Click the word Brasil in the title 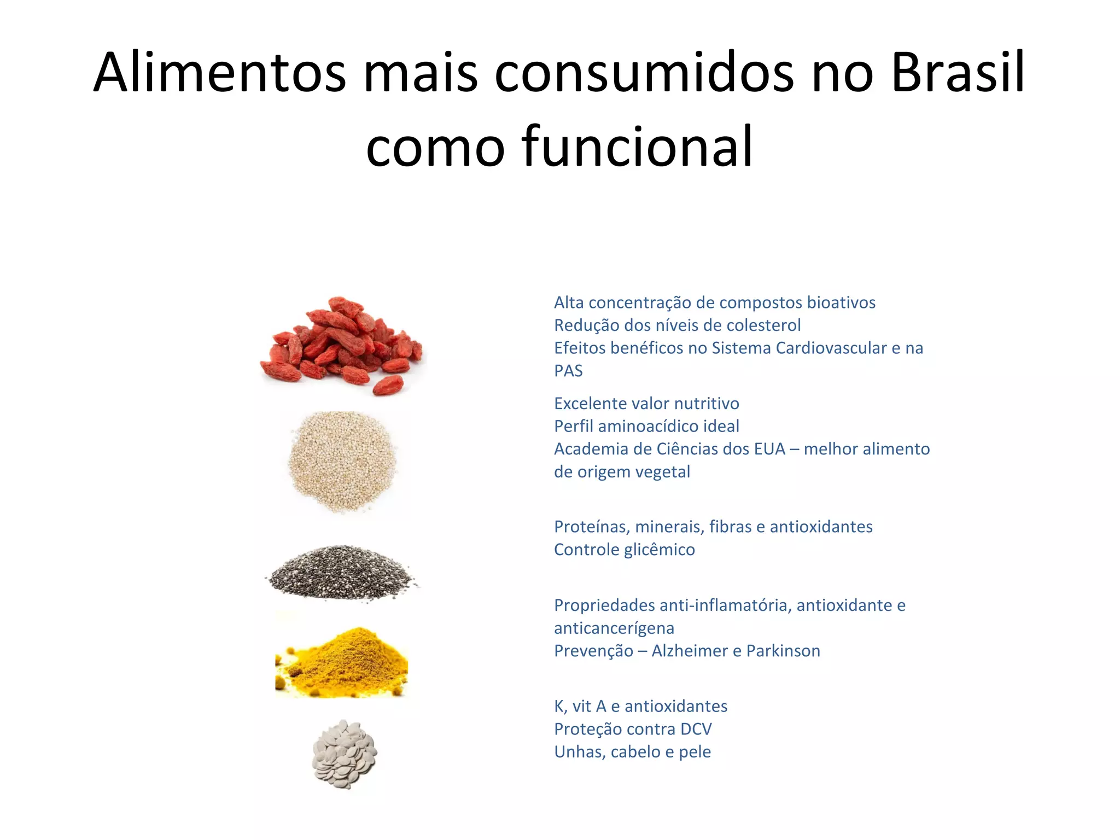coord(958,73)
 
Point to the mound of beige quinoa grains coord(342,460)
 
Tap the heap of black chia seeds coord(342,573)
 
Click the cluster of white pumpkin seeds coord(345,754)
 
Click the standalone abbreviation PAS coord(568,371)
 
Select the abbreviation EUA coord(769,449)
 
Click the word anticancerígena coord(614,628)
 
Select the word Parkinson coord(783,651)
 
